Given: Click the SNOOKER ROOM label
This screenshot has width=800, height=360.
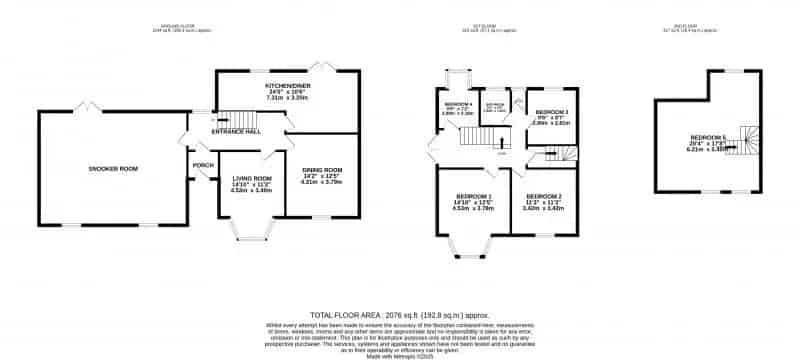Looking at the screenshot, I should point(113,168).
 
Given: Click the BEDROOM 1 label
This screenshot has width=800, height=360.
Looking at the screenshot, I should point(473,195).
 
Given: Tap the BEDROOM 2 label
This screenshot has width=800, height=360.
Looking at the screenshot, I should point(544,195).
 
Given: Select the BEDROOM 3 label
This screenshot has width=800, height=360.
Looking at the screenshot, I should point(551,111).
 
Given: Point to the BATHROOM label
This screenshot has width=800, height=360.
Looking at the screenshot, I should point(494,105).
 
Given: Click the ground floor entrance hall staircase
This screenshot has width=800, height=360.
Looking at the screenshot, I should point(232,118).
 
